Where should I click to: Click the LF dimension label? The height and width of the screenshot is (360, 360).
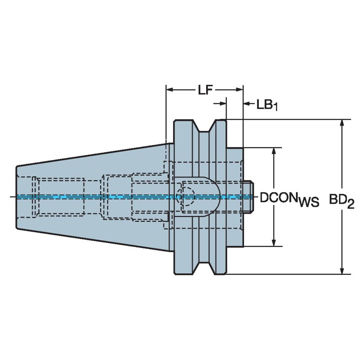(x=204, y=90)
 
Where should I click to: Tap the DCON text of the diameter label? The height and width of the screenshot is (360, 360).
(x=279, y=198)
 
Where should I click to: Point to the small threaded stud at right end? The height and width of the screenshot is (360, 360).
(x=248, y=196)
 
